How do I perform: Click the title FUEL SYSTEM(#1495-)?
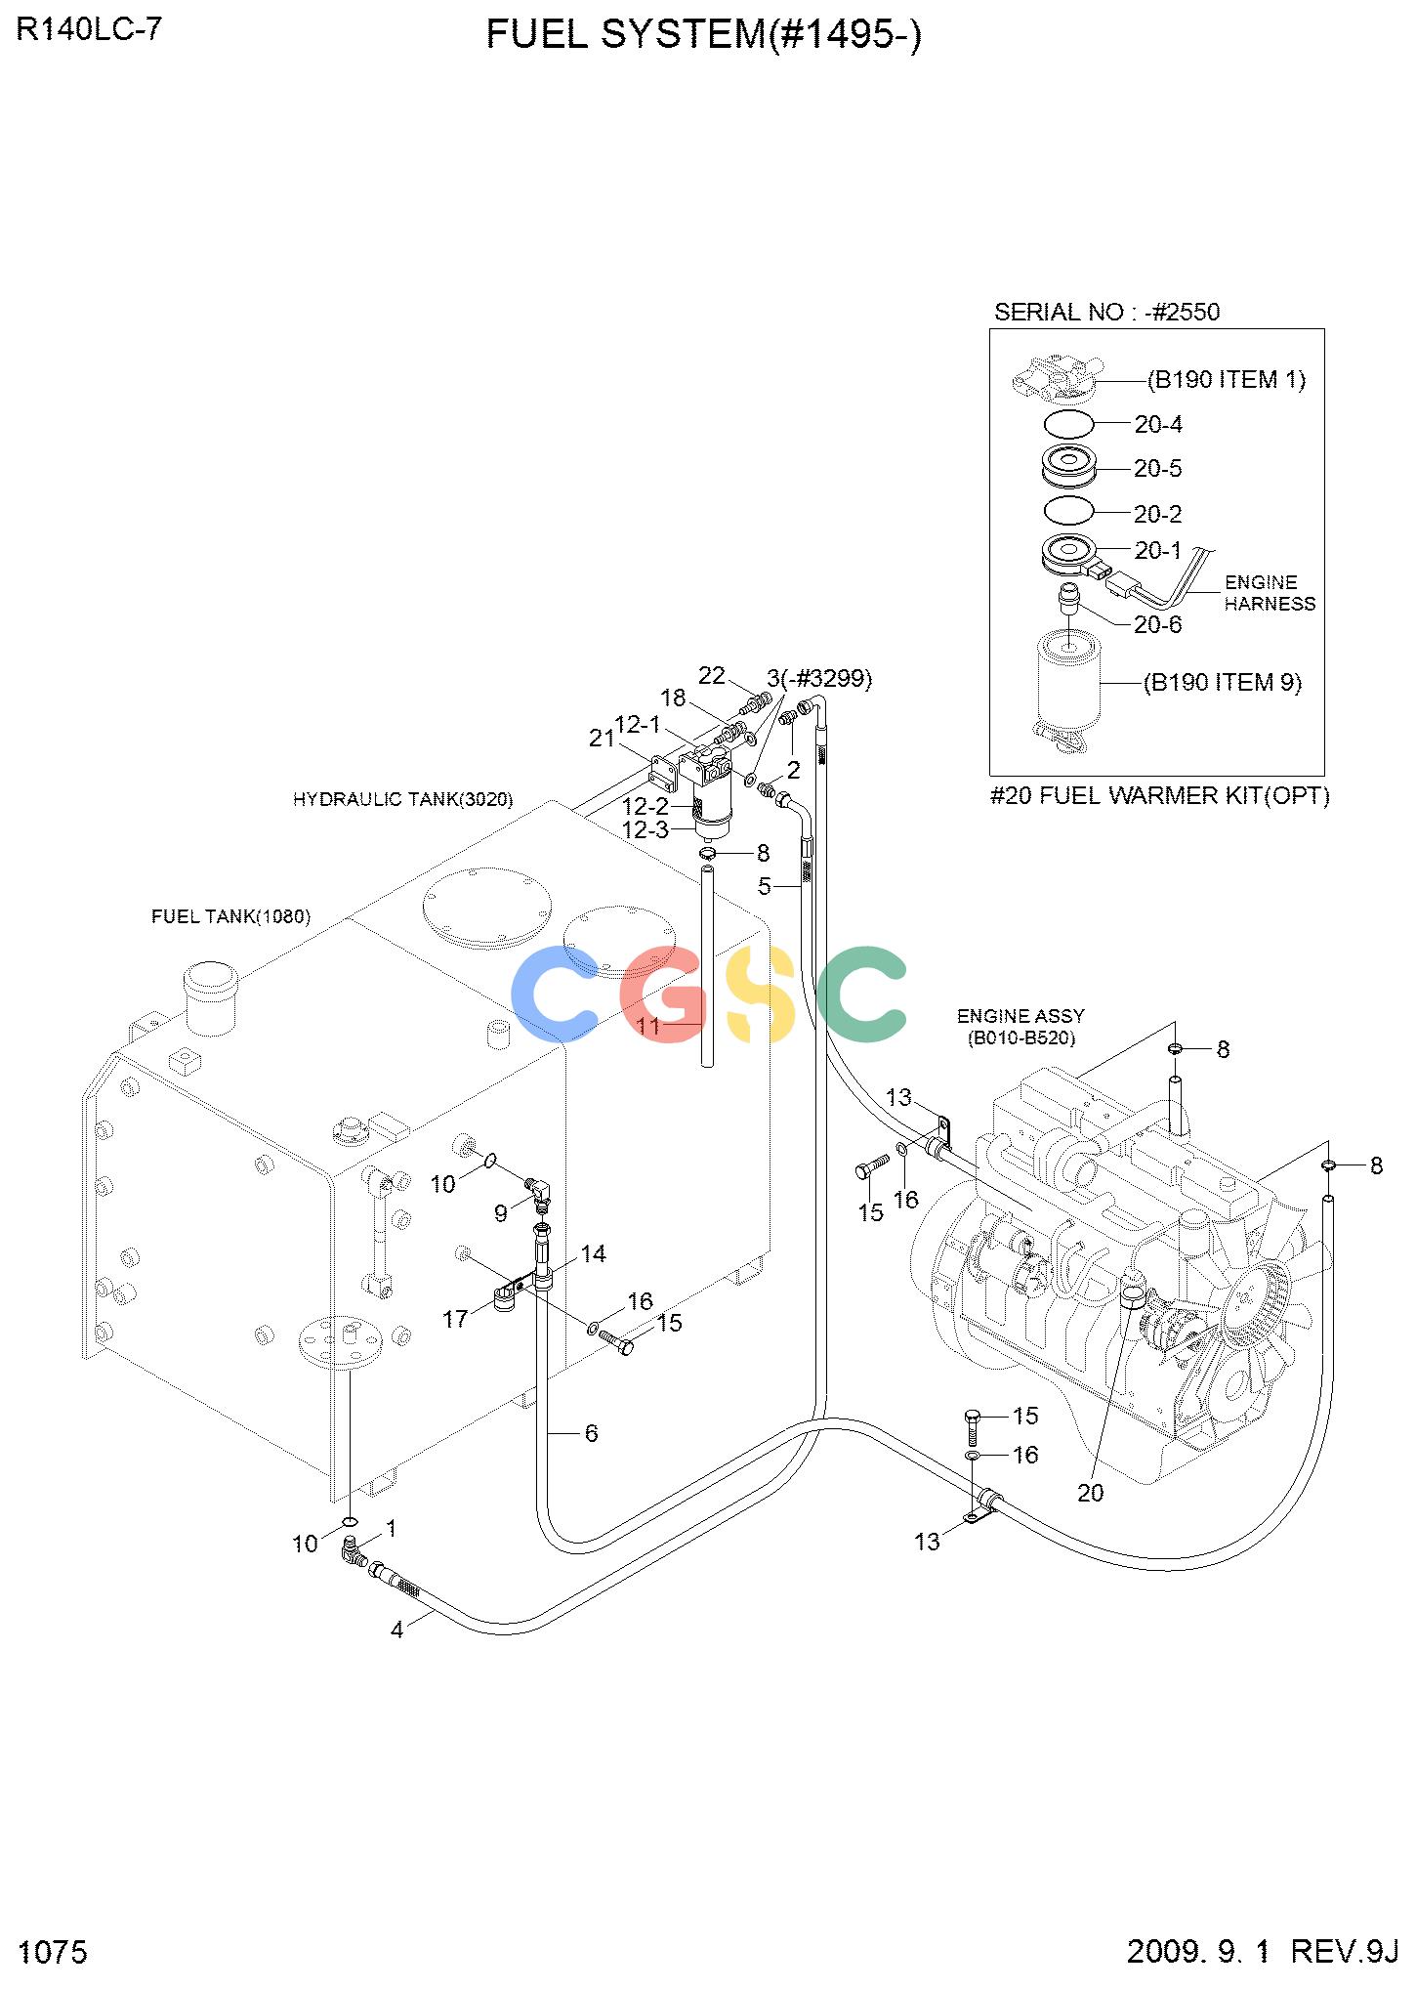point(703,35)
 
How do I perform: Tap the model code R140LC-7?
point(89,29)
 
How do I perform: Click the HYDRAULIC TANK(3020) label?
point(402,800)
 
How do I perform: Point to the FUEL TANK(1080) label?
point(230,916)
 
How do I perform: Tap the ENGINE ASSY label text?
point(1020,1016)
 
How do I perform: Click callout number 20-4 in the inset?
point(1158,424)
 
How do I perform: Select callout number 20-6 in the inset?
point(1158,624)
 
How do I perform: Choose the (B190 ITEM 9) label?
point(1223,682)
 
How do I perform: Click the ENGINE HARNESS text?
point(1270,593)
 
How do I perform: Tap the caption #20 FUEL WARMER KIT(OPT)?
point(1160,796)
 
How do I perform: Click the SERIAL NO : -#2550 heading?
point(1106,312)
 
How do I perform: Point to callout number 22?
point(712,675)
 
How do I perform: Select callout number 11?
point(649,1026)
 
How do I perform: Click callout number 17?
point(455,1320)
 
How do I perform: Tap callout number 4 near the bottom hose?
point(396,1630)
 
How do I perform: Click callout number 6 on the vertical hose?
point(591,1432)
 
